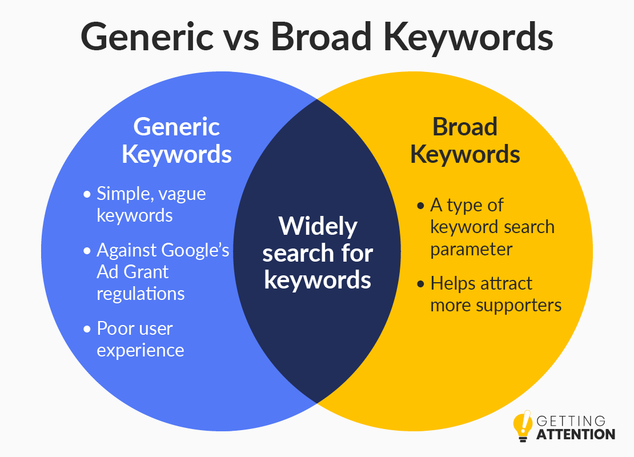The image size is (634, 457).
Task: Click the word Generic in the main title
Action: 147,37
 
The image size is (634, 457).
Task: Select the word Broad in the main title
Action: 321,36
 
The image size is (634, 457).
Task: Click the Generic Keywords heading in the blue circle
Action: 176,141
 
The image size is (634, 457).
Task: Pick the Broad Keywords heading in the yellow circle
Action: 465,141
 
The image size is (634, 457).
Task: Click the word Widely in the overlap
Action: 318,226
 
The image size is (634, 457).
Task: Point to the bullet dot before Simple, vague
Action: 87,194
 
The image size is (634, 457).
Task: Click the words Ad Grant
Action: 133,272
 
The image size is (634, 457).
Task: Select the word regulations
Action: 141,294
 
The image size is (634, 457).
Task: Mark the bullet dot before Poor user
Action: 87,329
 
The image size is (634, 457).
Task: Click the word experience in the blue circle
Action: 141,351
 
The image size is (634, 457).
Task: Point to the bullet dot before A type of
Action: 420,206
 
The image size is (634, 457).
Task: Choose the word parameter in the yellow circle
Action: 471,250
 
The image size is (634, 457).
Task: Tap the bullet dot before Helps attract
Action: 420,284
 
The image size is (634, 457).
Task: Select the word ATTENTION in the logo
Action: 576,434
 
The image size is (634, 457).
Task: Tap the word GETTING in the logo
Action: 571,421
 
